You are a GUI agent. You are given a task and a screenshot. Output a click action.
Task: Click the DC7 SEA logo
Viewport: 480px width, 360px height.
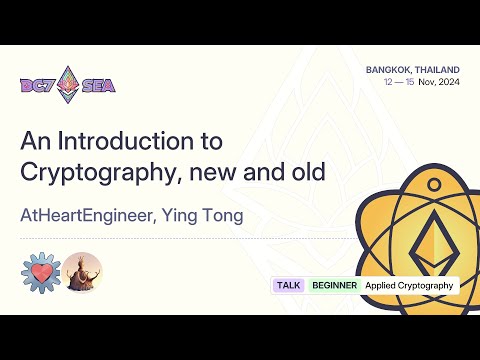tap(68, 84)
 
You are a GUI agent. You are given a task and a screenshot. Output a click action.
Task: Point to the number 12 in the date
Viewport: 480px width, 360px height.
tap(388, 82)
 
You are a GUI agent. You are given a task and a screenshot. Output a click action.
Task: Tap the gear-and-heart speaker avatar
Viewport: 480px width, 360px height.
tap(40, 271)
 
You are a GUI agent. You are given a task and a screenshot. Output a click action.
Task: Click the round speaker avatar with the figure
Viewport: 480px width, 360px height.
tap(83, 271)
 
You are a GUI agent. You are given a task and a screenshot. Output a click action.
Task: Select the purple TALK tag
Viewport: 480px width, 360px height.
tap(288, 285)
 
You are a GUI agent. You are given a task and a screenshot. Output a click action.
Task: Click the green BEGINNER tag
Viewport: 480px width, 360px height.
tap(334, 285)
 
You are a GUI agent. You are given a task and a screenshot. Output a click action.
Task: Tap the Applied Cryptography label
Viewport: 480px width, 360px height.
tap(409, 285)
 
